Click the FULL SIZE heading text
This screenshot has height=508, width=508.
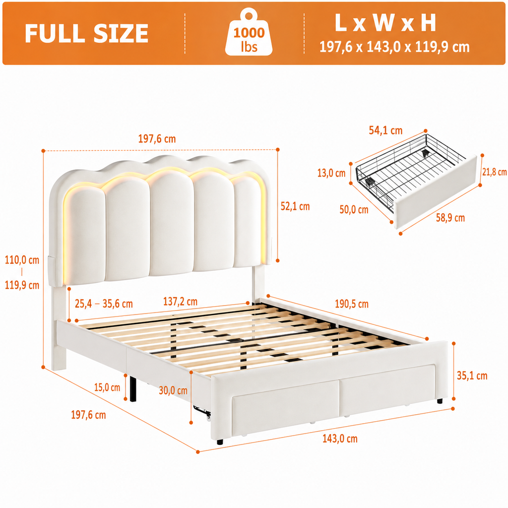tap(86, 33)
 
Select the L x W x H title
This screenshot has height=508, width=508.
tap(385, 23)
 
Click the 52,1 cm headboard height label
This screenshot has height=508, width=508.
tap(295, 206)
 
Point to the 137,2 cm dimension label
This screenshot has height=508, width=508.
tap(180, 302)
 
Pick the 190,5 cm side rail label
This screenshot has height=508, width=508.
tap(352, 304)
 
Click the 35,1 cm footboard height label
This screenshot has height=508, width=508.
tap(472, 376)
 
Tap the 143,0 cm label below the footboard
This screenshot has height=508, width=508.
tap(340, 439)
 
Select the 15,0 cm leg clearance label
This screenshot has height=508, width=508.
tap(107, 387)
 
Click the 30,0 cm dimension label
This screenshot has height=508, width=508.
tap(173, 390)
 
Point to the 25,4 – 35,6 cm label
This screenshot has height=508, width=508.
tap(104, 304)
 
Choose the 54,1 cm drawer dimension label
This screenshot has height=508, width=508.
tap(385, 130)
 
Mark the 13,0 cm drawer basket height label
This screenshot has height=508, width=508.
tap(331, 173)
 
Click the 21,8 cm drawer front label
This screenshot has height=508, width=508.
tap(495, 172)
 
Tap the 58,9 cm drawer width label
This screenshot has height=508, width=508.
tap(450, 218)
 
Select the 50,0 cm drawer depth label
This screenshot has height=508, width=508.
tap(354, 210)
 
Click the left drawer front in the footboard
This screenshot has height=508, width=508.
tap(285, 408)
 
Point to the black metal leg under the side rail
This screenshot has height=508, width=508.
tap(133, 387)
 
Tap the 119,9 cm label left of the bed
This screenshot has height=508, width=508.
tap(22, 285)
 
